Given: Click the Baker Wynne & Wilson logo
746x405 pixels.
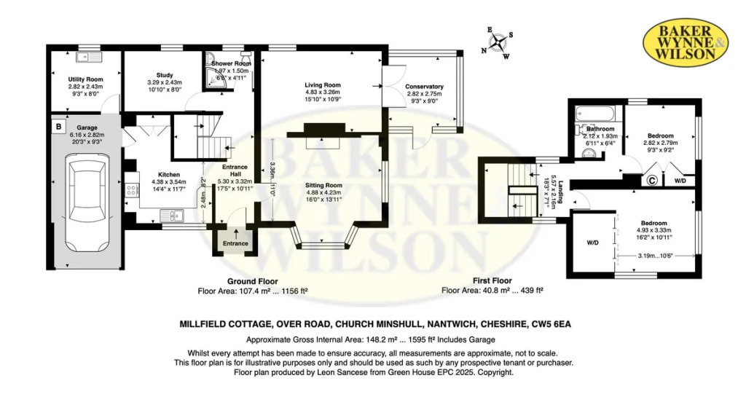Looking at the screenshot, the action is click(x=686, y=43).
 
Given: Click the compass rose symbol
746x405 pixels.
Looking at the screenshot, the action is click(x=498, y=43).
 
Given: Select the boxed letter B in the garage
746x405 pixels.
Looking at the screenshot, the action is click(x=58, y=127).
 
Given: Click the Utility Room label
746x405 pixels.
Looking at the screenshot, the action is click(x=86, y=79).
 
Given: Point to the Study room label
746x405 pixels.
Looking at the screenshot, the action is click(x=165, y=75).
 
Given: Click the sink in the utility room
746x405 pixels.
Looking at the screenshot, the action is click(x=88, y=57).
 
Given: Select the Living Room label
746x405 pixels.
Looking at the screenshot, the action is click(x=323, y=85).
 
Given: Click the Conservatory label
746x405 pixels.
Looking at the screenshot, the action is click(x=425, y=87).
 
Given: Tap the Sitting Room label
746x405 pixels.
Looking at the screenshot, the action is click(x=323, y=185).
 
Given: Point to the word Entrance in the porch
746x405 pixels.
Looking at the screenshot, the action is click(x=235, y=243).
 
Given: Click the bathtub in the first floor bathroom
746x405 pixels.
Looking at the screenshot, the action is click(x=594, y=114).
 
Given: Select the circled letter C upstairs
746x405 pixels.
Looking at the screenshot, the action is click(x=652, y=181).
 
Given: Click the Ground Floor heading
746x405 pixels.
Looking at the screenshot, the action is click(x=253, y=281).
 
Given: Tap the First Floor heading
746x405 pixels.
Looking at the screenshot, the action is click(x=492, y=280).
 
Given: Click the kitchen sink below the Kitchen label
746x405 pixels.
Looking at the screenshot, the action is click(x=172, y=216).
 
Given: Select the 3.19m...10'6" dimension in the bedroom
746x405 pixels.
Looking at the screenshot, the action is click(x=656, y=256).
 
